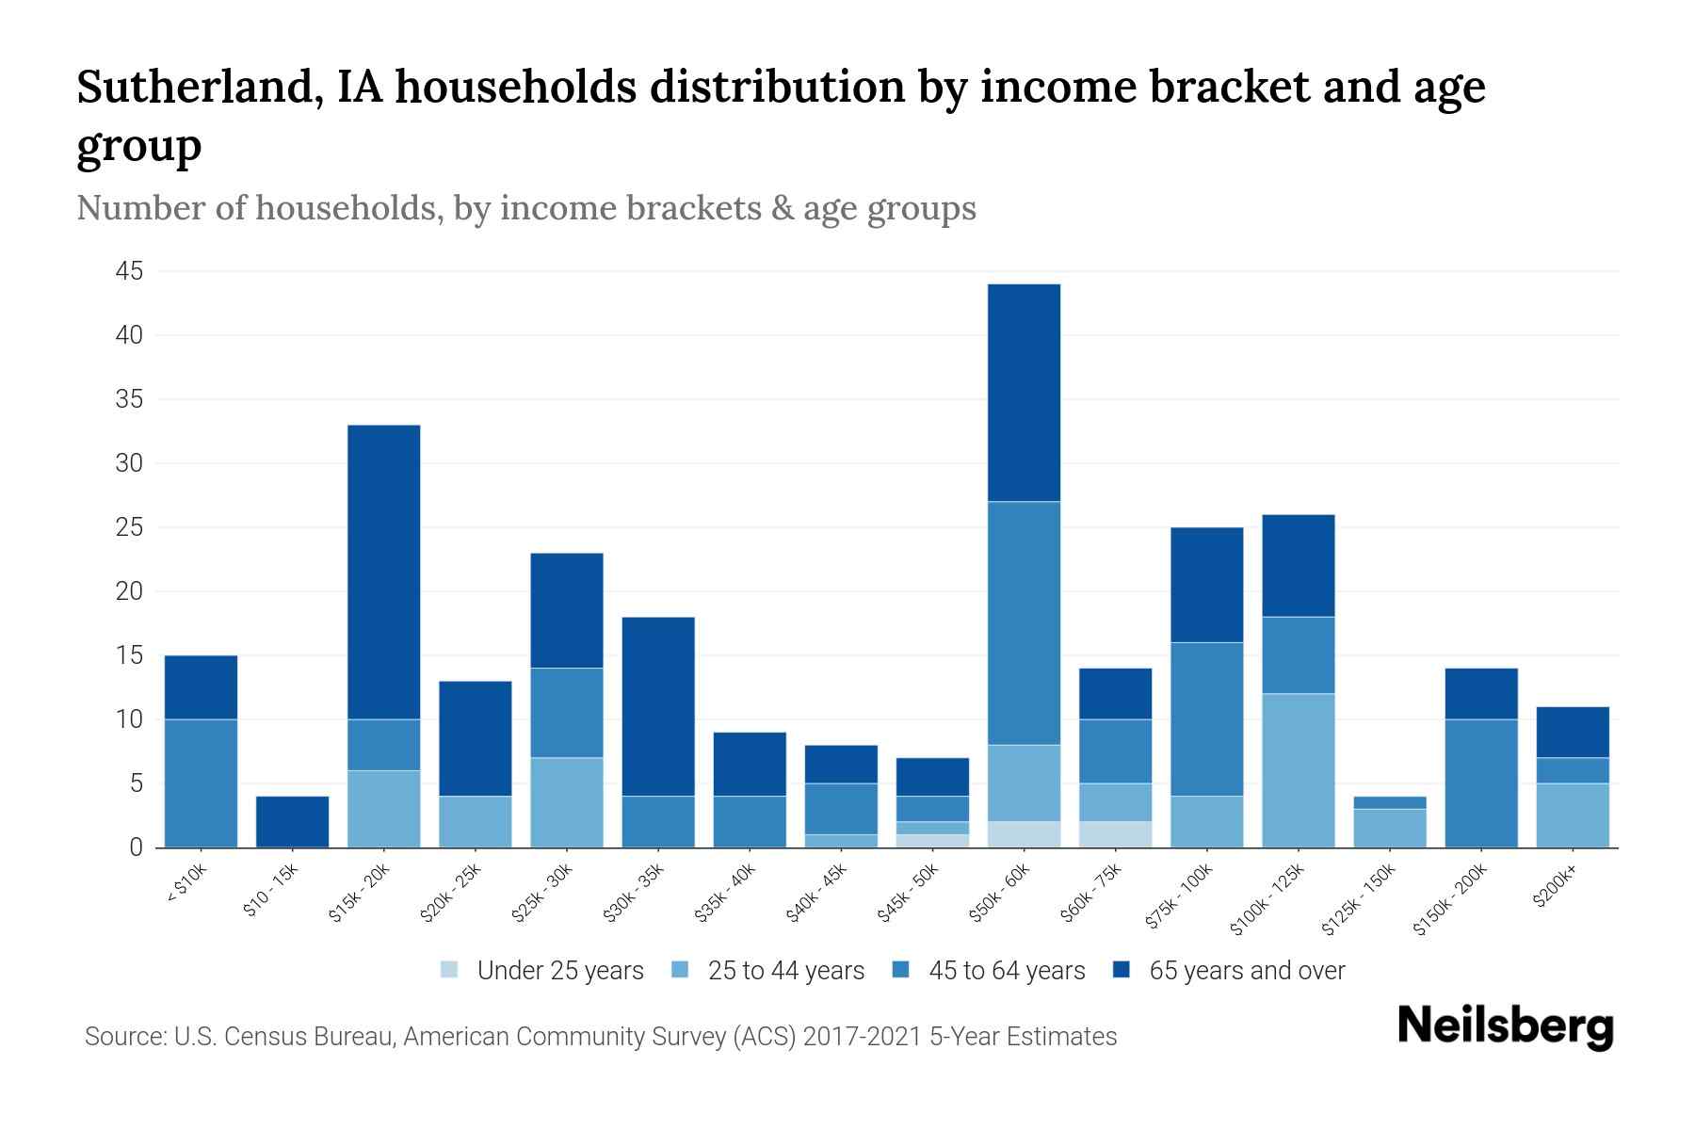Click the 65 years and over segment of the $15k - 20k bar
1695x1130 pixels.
[x=383, y=572]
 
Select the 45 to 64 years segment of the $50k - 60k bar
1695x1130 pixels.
[x=1024, y=622]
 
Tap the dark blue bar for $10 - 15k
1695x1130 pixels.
[x=292, y=821]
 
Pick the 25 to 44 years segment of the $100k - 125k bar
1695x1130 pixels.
[x=1298, y=769]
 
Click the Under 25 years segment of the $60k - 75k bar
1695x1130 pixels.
[x=1115, y=834]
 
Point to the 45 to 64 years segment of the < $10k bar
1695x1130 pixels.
[x=201, y=783]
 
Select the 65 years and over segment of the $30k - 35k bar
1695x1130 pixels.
[x=658, y=706]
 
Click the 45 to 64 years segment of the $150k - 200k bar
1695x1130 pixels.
[x=1480, y=783]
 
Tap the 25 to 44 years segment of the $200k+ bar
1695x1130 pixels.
[x=1572, y=815]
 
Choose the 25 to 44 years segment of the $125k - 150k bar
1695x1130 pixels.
[x=1389, y=828]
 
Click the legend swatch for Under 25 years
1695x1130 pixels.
[x=450, y=970]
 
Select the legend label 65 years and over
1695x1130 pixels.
[x=1247, y=970]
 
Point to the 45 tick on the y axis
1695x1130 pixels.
[x=129, y=271]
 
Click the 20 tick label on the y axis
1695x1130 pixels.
[x=129, y=591]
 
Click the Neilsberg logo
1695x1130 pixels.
[x=1505, y=1027]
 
